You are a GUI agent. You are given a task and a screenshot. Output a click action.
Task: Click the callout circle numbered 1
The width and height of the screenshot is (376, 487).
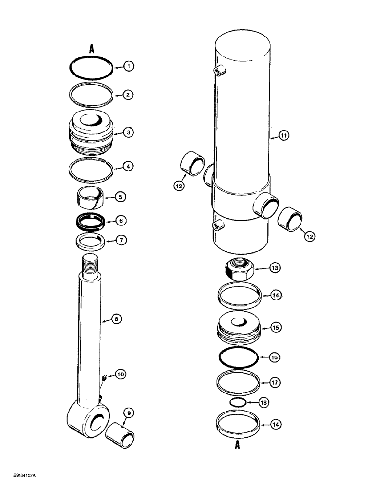[128, 66]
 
